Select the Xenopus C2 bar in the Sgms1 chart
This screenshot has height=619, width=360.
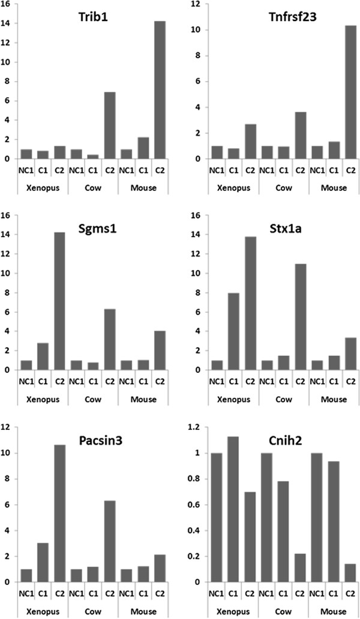59,301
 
